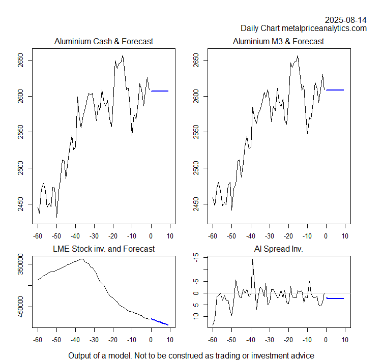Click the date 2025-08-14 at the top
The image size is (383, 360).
click(345, 20)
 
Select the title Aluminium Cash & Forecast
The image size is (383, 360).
click(104, 41)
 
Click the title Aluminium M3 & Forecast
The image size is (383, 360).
click(278, 41)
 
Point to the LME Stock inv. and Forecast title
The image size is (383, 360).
click(104, 249)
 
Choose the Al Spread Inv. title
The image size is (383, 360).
click(278, 249)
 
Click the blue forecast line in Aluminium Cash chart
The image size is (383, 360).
click(160, 91)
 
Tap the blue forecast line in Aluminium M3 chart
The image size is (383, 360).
click(335, 90)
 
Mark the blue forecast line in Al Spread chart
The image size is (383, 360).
click(335, 298)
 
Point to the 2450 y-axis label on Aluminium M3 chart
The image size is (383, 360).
click(195, 204)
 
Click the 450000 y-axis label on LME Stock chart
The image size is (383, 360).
click(20, 307)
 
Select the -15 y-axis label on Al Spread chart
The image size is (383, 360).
click(195, 258)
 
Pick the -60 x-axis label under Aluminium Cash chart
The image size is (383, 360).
click(37, 236)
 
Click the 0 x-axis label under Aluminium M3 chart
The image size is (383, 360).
click(326, 236)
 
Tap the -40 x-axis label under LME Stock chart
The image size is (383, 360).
click(75, 340)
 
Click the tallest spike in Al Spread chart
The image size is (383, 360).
click(252, 259)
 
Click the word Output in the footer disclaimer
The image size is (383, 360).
click(81, 355)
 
